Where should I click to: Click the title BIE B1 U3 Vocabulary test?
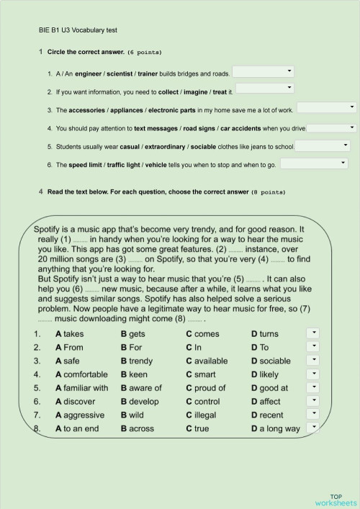click(x=77, y=30)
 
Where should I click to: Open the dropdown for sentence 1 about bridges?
click(x=264, y=71)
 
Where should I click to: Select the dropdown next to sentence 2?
click(x=264, y=88)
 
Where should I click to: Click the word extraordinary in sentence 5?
click(x=163, y=146)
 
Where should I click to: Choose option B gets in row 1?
click(x=132, y=334)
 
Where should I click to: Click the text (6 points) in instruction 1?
click(x=145, y=53)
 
